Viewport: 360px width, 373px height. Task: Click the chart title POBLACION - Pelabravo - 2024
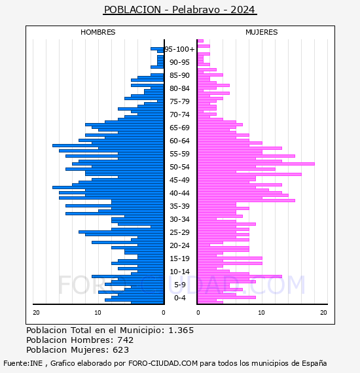pyautogui.click(x=179, y=10)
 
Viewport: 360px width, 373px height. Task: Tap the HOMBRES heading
pyautogui.click(x=98, y=32)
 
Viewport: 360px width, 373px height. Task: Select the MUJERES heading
pyautogui.click(x=262, y=32)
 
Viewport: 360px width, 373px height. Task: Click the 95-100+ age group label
pyautogui.click(x=179, y=49)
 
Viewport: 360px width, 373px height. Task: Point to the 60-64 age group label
pyautogui.click(x=179, y=141)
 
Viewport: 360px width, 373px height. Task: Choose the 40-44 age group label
pyautogui.click(x=179, y=193)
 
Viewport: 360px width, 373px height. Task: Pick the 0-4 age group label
pyautogui.click(x=180, y=298)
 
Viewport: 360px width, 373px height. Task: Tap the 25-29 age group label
pyautogui.click(x=179, y=232)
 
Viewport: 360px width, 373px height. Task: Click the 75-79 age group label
pyautogui.click(x=179, y=101)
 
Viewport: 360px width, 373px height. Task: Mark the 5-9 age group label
pyautogui.click(x=180, y=285)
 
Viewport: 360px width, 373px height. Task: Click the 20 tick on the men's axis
pyautogui.click(x=36, y=313)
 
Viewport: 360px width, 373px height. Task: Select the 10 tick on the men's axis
pyautogui.click(x=98, y=313)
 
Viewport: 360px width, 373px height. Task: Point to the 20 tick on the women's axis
pyautogui.click(x=323, y=313)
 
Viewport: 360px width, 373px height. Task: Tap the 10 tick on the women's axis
pyautogui.click(x=262, y=313)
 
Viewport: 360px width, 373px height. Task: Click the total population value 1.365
pyautogui.click(x=181, y=330)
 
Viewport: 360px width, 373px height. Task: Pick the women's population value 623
pyautogui.click(x=121, y=349)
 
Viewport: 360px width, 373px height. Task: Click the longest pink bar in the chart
pyautogui.click(x=256, y=164)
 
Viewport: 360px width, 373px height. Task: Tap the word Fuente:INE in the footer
pyautogui.click(x=23, y=363)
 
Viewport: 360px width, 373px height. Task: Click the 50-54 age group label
pyautogui.click(x=179, y=167)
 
